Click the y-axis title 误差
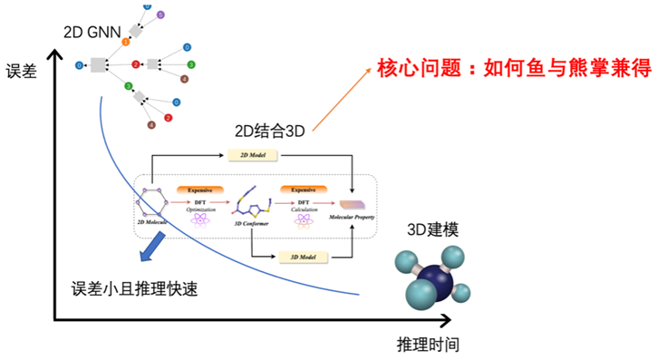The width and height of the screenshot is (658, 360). click(x=22, y=71)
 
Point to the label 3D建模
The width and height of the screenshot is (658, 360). click(x=429, y=229)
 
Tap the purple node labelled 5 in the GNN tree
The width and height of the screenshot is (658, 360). click(x=160, y=15)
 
